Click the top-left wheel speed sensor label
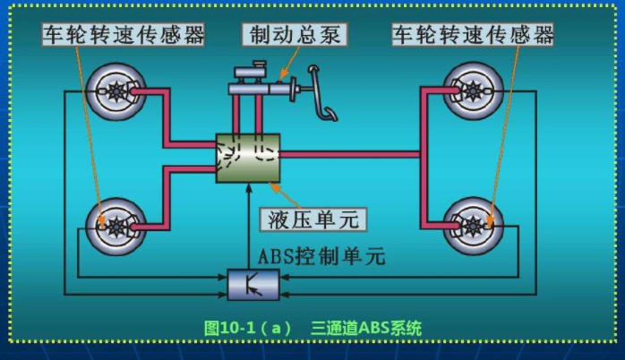(124, 35)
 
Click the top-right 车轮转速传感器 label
(473, 35)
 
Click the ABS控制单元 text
(321, 257)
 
